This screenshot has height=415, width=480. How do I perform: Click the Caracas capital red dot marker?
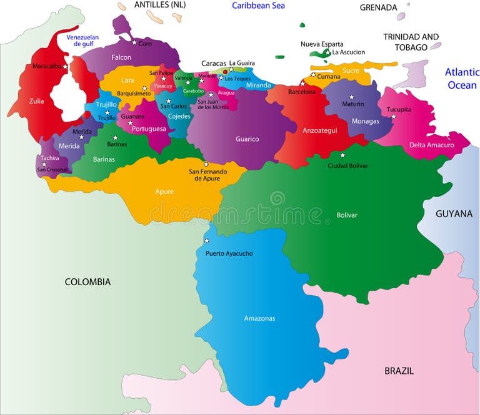click(225, 72)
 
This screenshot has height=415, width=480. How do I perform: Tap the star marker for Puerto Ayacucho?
click(207, 241)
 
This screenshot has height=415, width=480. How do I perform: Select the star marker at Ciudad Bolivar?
click(342, 155)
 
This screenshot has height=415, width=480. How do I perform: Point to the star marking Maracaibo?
click(65, 66)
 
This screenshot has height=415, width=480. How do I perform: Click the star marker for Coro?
click(134, 42)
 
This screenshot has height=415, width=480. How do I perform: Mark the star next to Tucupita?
click(393, 116)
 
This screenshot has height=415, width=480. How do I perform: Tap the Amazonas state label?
click(259, 318)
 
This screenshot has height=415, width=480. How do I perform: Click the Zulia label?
click(36, 100)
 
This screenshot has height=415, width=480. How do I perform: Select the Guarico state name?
click(247, 139)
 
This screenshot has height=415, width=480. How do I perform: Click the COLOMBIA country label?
click(87, 282)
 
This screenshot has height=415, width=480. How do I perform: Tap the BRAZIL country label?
click(399, 371)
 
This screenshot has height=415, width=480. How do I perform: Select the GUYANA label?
click(454, 213)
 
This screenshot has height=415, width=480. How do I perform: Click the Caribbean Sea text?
click(258, 6)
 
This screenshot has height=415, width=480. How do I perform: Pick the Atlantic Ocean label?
click(461, 79)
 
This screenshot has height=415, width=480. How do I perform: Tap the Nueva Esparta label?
click(322, 44)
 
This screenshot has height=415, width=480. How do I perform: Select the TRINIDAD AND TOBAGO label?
click(411, 42)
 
